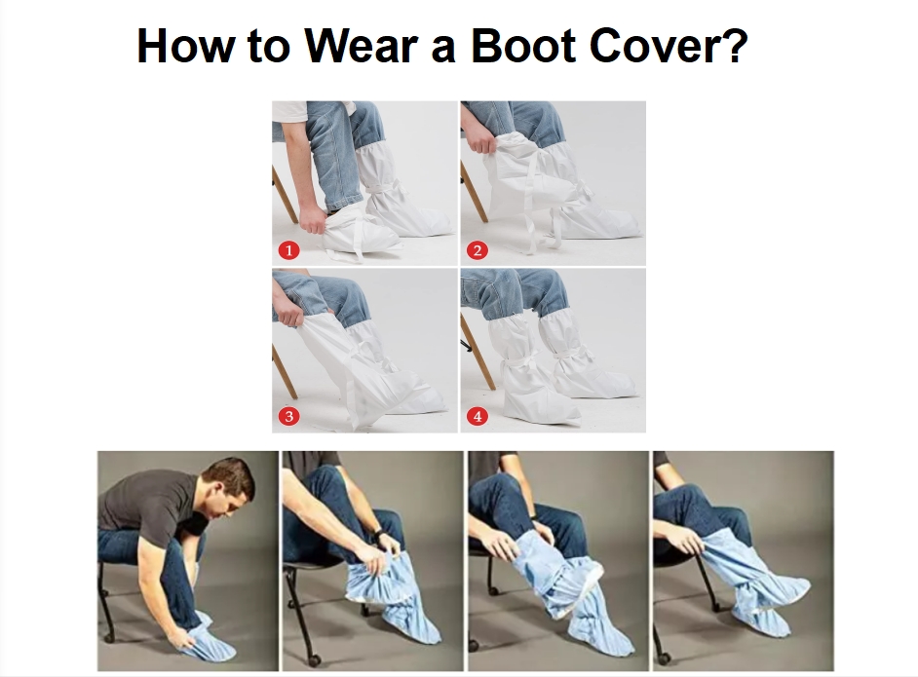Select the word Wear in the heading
coord(362,45)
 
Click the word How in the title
coord(182,45)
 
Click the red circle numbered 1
coord(288,250)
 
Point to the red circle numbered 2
coord(478,250)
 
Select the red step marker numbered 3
coord(288,417)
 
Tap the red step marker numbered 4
coord(478,417)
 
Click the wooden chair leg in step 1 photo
coord(285,195)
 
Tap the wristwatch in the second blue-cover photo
coord(376,535)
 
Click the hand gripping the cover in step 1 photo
coord(311,221)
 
